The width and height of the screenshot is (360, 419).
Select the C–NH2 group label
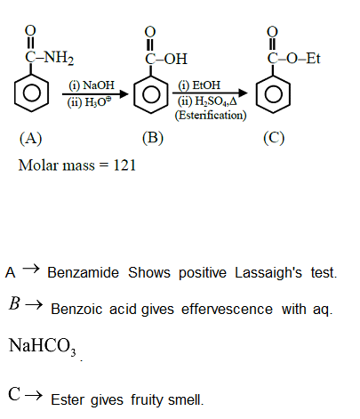45,60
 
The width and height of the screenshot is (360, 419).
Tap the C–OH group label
166,60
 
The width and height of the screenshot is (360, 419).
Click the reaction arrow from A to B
92,92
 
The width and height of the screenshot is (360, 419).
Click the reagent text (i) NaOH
88,85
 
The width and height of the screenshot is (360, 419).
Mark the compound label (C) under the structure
274,139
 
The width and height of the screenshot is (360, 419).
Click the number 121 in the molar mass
124,165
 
